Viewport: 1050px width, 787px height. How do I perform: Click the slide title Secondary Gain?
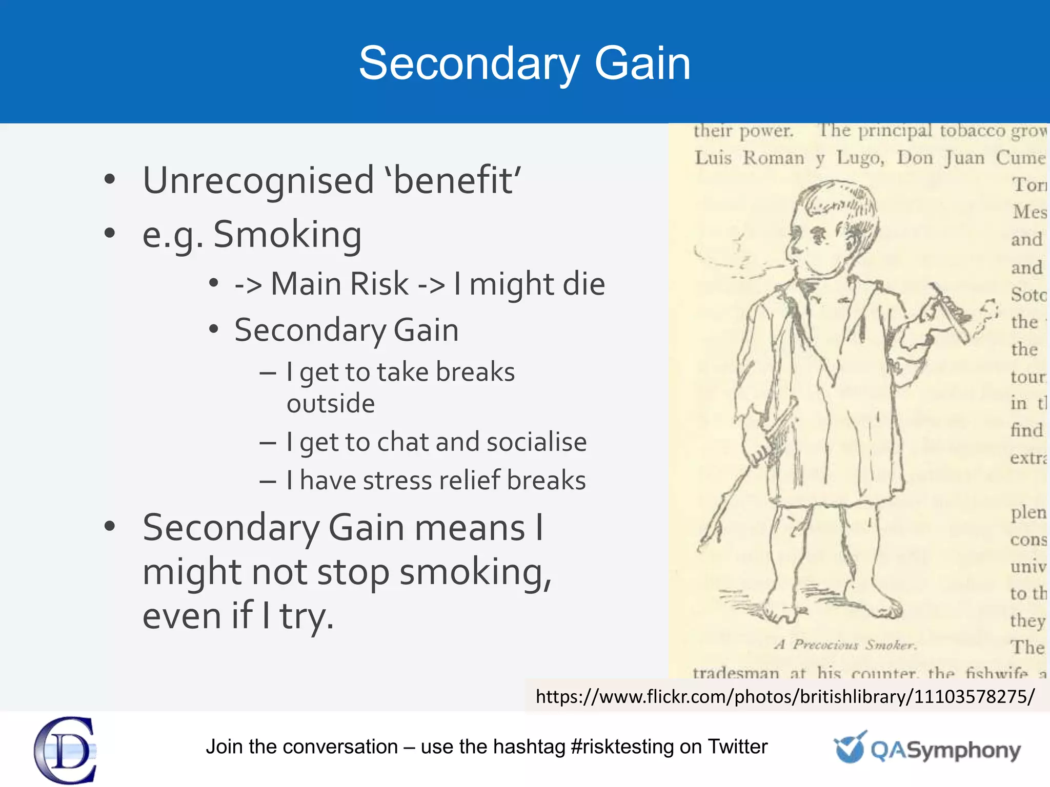[524, 64]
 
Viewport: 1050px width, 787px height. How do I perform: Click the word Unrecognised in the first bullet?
[258, 181]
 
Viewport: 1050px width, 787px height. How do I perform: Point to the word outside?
[331, 404]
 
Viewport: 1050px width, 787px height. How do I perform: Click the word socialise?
[536, 442]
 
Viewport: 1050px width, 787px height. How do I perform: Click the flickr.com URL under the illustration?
[785, 697]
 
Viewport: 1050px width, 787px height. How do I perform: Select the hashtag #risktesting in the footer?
[622, 747]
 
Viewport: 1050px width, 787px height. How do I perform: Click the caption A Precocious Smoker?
[845, 645]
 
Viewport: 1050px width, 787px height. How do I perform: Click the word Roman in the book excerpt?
[774, 158]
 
